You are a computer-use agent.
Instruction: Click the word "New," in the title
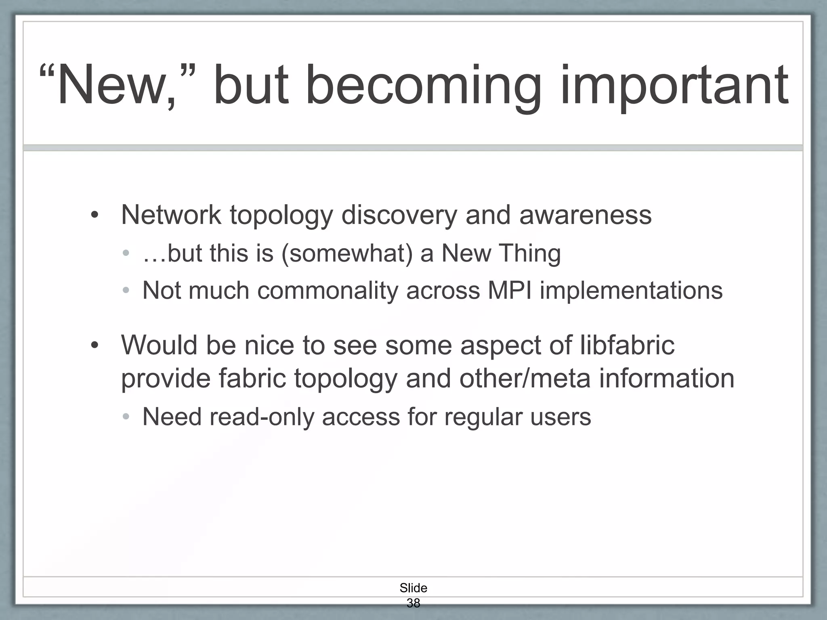point(117,86)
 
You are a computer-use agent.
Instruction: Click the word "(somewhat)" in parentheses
point(347,253)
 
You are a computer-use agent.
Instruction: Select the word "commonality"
point(327,291)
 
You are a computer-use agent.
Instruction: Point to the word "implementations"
point(631,291)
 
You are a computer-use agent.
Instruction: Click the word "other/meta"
point(525,378)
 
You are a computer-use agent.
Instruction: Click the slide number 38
point(413,603)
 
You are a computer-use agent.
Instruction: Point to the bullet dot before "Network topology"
point(94,215)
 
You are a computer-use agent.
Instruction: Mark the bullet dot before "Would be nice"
point(94,346)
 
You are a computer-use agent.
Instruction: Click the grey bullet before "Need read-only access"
point(126,417)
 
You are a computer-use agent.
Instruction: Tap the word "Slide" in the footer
point(413,588)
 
